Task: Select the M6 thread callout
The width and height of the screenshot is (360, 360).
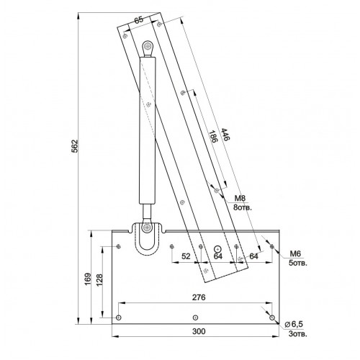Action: [x=294, y=253]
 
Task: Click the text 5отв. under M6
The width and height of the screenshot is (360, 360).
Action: [x=297, y=264]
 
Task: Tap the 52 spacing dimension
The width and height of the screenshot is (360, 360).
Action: [x=186, y=256]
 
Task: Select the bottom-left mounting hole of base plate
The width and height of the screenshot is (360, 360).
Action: [x=118, y=318]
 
